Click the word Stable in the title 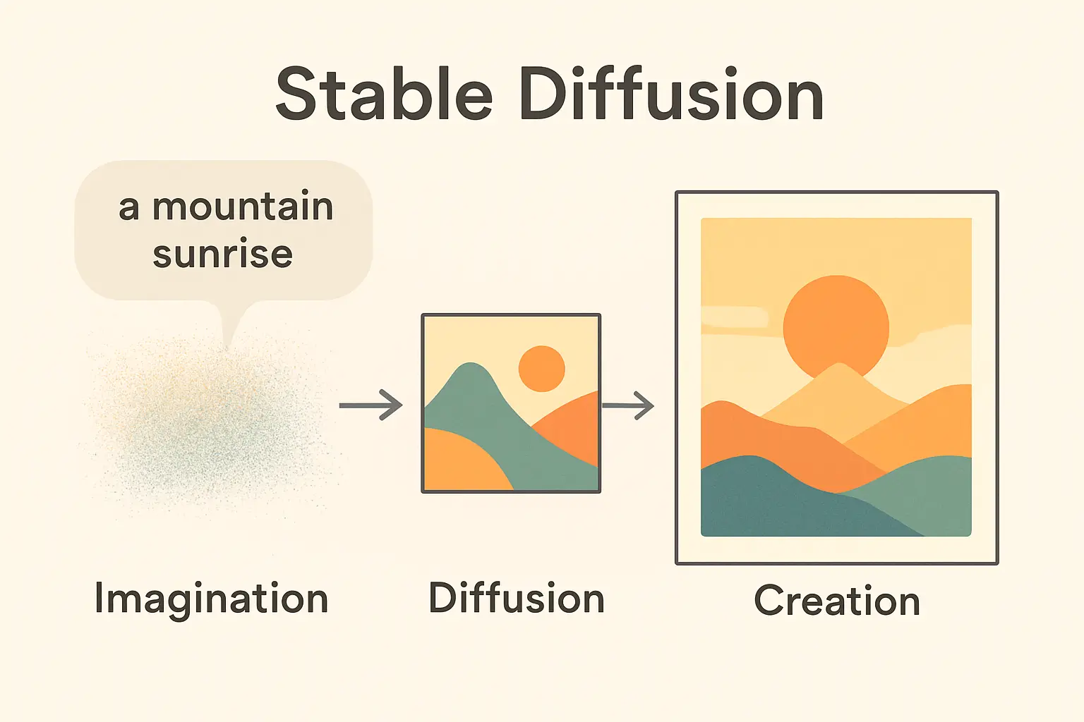[384, 93]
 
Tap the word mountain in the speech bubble [243, 206]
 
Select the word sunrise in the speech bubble [223, 252]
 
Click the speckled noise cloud [208, 426]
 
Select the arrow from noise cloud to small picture [371, 405]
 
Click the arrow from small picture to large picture [628, 405]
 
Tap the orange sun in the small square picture [541, 369]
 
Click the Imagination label [212, 599]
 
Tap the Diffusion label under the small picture [517, 598]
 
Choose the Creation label [837, 600]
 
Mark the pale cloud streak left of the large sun [734, 317]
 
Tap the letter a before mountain [128, 209]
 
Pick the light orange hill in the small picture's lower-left [462, 462]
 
